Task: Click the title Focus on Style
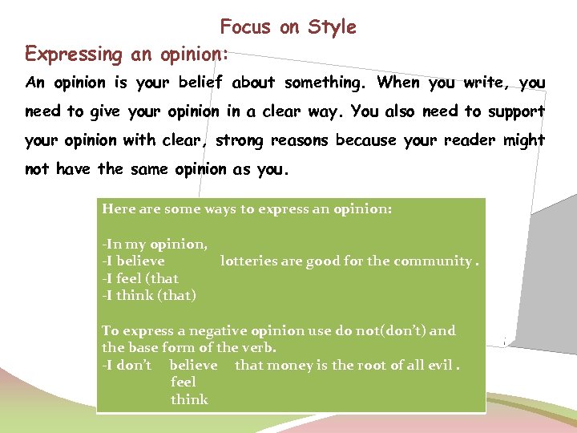pyautogui.click(x=288, y=27)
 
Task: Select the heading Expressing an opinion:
pyautogui.click(x=127, y=55)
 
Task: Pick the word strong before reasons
pyautogui.click(x=240, y=140)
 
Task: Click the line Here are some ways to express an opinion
pyautogui.click(x=247, y=208)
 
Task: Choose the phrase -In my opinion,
pyautogui.click(x=155, y=244)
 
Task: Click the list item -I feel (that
pyautogui.click(x=140, y=278)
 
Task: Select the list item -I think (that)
pyautogui.click(x=149, y=295)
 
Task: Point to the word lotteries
pyautogui.click(x=246, y=261)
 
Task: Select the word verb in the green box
pyautogui.click(x=259, y=347)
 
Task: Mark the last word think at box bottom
pyautogui.click(x=189, y=399)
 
